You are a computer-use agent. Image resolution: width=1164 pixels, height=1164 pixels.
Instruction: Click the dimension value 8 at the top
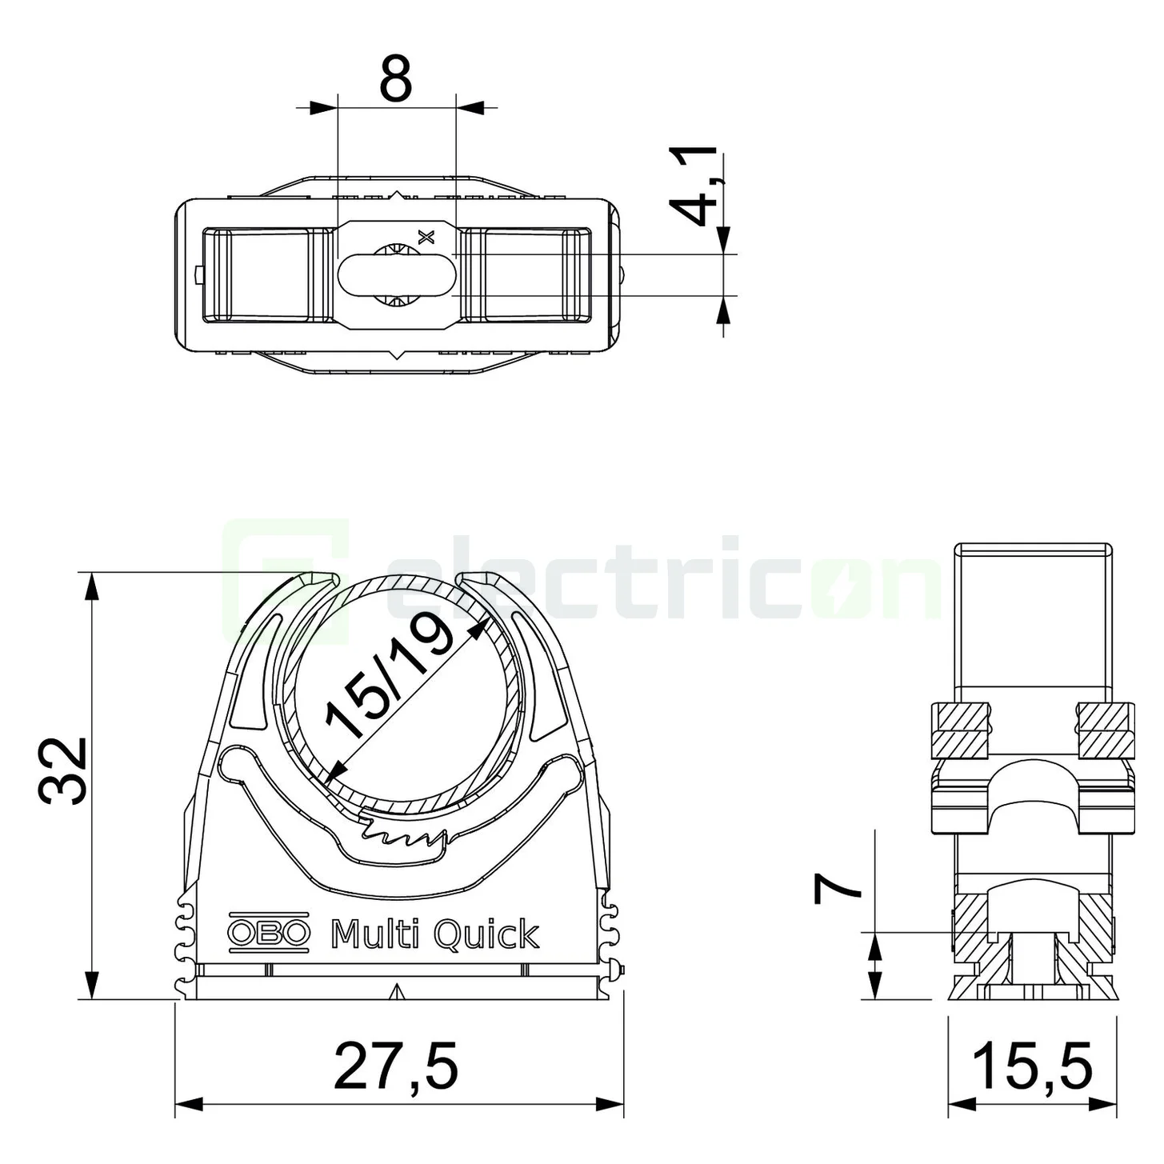(x=396, y=78)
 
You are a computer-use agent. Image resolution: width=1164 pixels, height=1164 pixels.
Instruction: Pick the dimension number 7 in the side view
(x=837, y=898)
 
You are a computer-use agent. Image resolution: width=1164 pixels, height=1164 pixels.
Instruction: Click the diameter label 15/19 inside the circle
(x=390, y=676)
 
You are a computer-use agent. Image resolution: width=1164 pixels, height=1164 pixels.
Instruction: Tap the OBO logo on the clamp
(x=268, y=934)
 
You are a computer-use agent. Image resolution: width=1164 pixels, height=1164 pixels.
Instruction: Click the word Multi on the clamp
(x=376, y=934)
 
